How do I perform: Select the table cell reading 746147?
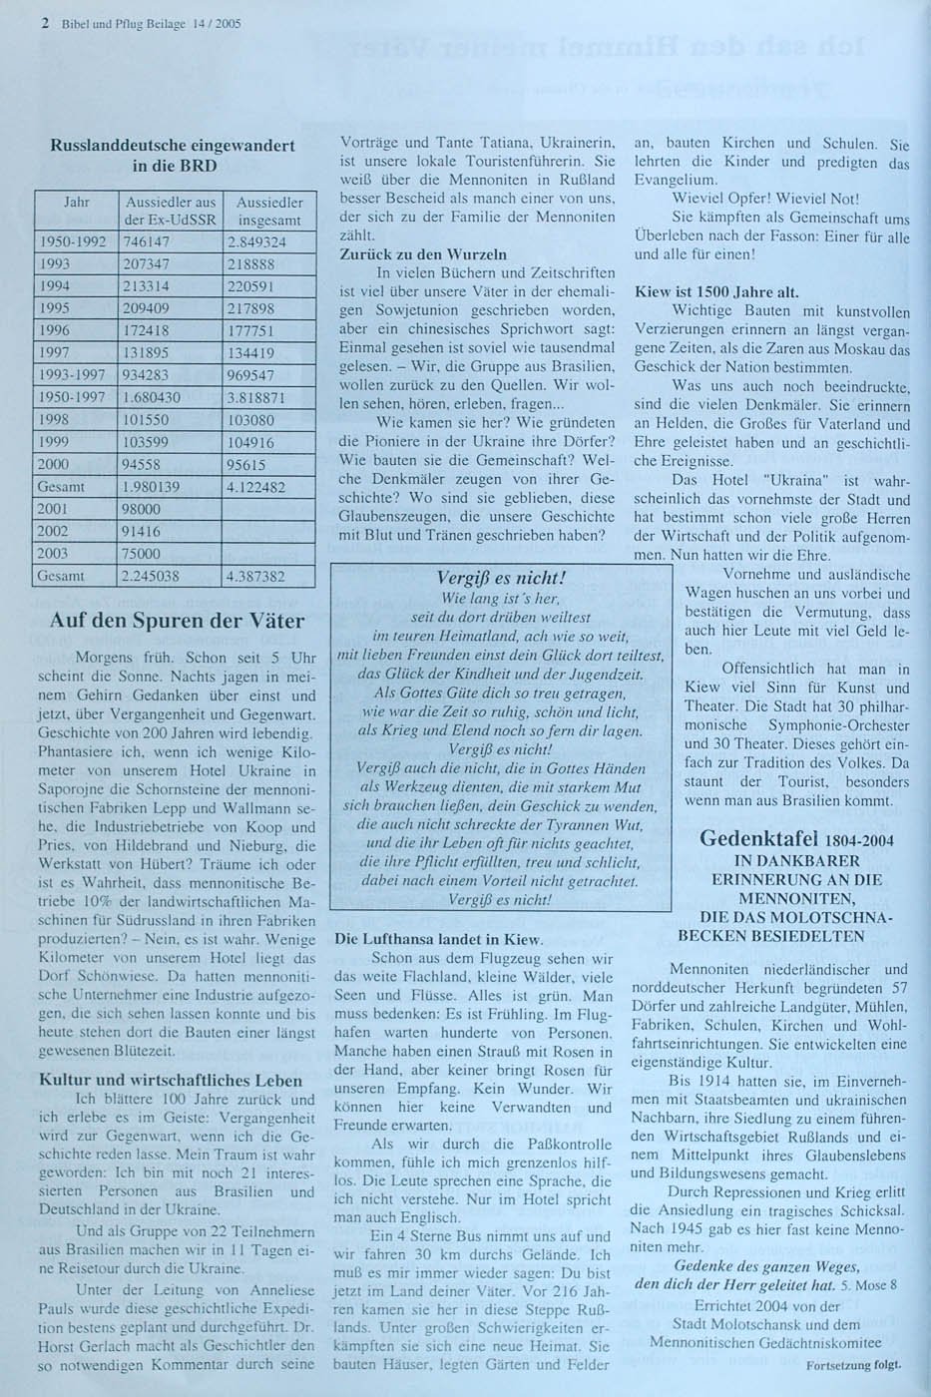point(146,241)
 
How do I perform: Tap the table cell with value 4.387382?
point(256,576)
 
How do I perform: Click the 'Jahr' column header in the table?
point(77,203)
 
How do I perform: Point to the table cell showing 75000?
point(141,553)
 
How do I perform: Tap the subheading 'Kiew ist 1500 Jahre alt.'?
point(716,292)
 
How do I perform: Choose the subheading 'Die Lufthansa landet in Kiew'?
point(439,939)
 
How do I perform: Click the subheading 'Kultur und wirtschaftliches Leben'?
point(171,1080)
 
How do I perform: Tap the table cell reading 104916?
point(250,442)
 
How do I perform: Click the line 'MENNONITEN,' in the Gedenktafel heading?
point(782,898)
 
